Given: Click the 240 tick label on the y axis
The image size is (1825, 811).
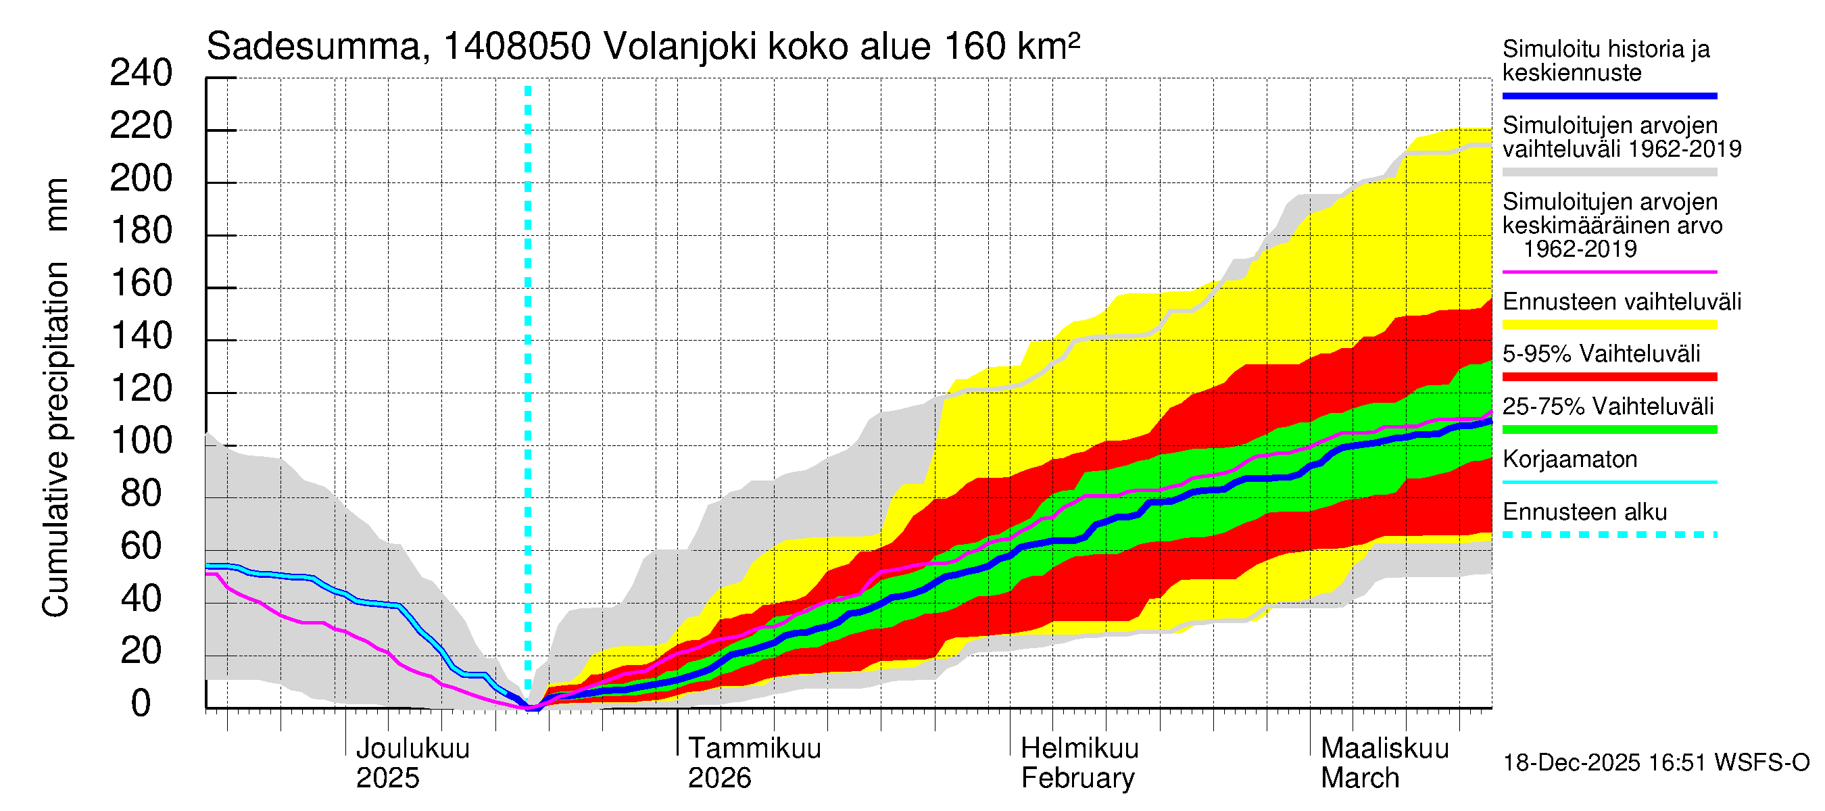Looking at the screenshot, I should [141, 73].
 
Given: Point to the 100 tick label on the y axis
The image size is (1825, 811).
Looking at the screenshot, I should [141, 441].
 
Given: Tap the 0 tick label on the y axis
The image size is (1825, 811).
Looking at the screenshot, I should [141, 704].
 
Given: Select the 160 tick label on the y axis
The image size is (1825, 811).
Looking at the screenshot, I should [141, 283].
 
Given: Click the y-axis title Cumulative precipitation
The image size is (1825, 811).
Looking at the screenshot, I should [55, 439].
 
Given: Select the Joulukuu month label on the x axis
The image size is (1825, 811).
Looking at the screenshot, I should [412, 748].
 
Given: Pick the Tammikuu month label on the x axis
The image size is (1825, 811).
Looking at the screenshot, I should [754, 748].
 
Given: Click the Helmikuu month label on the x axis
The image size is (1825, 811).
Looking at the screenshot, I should [1079, 748].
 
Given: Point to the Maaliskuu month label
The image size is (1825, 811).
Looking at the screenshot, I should [1385, 748].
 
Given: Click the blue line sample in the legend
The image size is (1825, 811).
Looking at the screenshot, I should [1609, 95].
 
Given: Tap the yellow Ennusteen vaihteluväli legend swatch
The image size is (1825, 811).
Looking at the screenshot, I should [1609, 324].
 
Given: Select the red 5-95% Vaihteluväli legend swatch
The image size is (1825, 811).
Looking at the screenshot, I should [1609, 377].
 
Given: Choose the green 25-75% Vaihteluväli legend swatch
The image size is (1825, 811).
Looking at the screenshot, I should [1609, 429].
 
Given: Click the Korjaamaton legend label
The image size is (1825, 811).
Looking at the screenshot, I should [1569, 459].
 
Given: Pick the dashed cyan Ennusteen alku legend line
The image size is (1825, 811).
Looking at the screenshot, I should [1609, 535].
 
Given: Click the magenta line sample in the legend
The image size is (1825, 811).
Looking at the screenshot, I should [1609, 272].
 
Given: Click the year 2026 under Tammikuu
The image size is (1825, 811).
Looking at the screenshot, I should [719, 778].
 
